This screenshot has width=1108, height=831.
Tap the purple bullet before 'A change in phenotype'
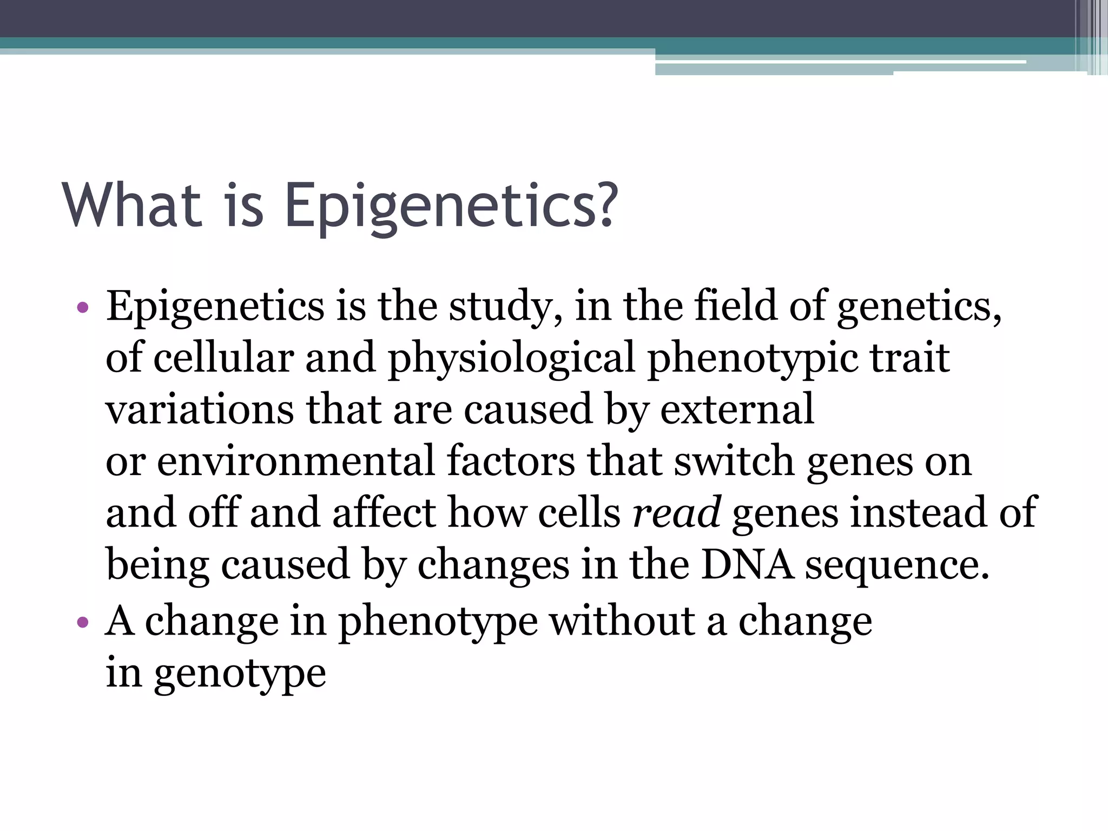[x=82, y=623]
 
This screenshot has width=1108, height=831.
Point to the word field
[x=736, y=306]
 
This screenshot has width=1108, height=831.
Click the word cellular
[x=223, y=358]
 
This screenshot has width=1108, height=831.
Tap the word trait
[x=909, y=358]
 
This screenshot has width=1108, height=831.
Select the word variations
[x=200, y=410]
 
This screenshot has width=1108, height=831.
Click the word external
[x=737, y=410]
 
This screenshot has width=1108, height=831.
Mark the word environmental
[x=296, y=461]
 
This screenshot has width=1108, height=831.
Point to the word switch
[x=734, y=461]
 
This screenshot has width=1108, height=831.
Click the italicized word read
[x=676, y=513]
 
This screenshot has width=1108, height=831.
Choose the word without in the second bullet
[x=623, y=622]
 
